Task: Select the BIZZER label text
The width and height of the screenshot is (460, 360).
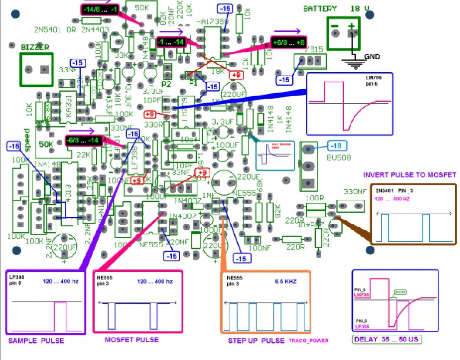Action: [x=35, y=47]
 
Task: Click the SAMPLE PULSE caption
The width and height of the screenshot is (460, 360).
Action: [x=36, y=341]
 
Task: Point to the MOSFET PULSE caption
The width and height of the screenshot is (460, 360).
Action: [x=131, y=340]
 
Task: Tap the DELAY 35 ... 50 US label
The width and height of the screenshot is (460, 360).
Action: [x=387, y=340]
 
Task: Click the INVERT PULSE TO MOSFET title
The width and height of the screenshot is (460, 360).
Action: [x=409, y=175]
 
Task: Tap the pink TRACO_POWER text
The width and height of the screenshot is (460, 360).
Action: [x=309, y=341]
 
